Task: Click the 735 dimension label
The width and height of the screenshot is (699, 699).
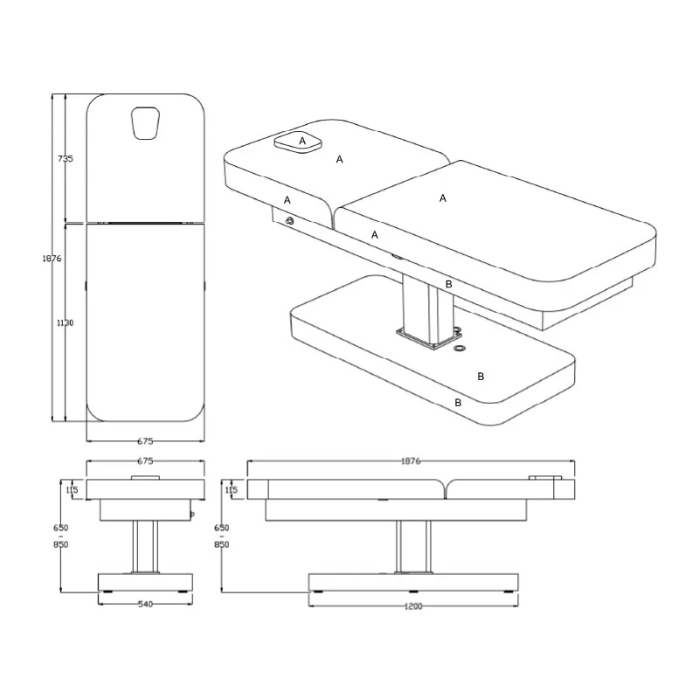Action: click(65, 158)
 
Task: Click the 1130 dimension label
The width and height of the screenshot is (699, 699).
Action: click(65, 322)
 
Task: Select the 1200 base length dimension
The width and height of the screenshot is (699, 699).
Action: click(413, 606)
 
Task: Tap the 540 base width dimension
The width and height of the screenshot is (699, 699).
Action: click(145, 605)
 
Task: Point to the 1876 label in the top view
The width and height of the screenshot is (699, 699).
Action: click(52, 258)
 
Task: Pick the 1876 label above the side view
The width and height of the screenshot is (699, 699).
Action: click(411, 461)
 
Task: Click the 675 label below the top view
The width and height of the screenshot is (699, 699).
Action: click(145, 441)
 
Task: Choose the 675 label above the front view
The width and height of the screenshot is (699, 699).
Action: click(145, 461)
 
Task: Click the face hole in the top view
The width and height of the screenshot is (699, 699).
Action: click(145, 123)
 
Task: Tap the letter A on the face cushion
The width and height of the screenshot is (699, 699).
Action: click(302, 141)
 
